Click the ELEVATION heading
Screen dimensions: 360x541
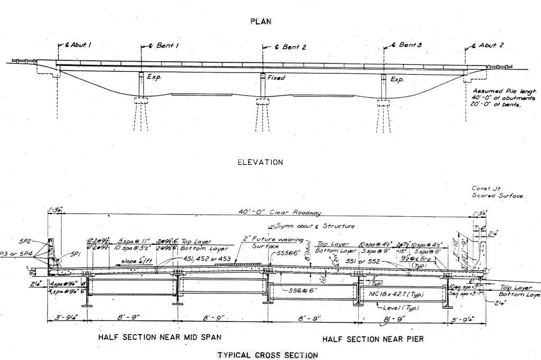click(260, 162)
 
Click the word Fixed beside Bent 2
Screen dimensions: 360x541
click(276, 78)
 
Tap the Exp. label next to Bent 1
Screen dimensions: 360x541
click(154, 77)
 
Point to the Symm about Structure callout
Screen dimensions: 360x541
click(314, 226)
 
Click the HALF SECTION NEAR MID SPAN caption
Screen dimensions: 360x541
click(160, 337)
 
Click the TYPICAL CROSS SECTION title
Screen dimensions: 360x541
click(268, 355)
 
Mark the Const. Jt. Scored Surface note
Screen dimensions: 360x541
click(497, 192)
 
